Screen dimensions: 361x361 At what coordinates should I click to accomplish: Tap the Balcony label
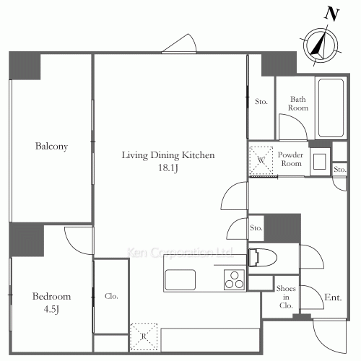[x=51, y=147]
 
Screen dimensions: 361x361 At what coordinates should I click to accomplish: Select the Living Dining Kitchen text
[x=168, y=155]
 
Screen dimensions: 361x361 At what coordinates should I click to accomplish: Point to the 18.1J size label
[x=168, y=169]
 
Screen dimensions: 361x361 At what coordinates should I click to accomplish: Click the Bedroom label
[x=51, y=296]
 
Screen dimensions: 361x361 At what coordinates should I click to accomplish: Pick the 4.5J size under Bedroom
[x=51, y=310]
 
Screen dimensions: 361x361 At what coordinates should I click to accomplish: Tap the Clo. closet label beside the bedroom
[x=111, y=296]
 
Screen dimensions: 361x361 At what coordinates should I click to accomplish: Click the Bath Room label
[x=299, y=103]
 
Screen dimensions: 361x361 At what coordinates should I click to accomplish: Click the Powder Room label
[x=290, y=159]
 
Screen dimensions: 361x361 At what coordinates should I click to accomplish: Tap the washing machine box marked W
[x=260, y=158]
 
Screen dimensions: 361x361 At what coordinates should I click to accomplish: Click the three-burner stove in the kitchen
[x=235, y=279]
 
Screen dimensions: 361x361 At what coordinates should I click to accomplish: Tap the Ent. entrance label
[x=333, y=297]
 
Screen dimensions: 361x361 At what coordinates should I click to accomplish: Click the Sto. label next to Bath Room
[x=261, y=102]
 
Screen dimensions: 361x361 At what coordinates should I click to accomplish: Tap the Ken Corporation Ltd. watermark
[x=180, y=253]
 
